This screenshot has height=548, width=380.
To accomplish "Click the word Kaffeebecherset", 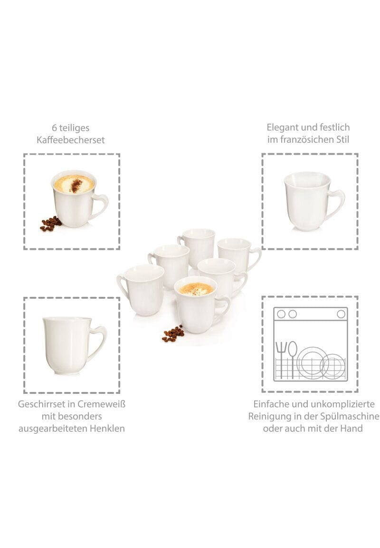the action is [70, 140].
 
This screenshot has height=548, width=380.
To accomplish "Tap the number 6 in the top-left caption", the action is [55, 128].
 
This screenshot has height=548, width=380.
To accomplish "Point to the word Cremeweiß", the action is [101, 404].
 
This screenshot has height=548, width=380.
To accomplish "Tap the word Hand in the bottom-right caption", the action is [351, 429].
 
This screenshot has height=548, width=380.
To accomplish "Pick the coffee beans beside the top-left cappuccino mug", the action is [51, 223].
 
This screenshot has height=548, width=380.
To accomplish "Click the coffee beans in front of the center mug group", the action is [173, 333].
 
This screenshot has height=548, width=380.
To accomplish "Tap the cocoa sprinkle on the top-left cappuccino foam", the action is [75, 186].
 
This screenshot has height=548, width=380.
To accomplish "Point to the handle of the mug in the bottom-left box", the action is [98, 341].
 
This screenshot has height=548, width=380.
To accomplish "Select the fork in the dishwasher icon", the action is [281, 360].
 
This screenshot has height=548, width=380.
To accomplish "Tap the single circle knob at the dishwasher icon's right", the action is [341, 314].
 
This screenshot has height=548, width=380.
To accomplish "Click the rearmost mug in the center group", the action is [196, 247].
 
